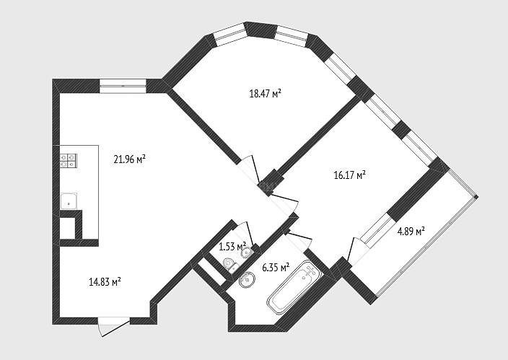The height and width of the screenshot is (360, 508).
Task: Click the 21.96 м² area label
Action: [129, 159]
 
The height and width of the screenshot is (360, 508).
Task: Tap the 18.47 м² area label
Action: [265, 94]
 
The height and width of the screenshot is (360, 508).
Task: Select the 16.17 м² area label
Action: [350, 175]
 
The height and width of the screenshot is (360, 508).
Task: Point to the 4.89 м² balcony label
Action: [411, 232]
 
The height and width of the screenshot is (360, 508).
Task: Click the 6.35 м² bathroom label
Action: [276, 268]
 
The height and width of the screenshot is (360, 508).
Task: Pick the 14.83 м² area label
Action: [105, 281]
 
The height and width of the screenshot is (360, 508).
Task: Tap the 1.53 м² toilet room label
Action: [232, 247]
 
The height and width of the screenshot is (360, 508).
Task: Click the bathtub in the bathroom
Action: [294, 287]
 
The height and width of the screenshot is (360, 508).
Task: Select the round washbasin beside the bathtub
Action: [248, 279]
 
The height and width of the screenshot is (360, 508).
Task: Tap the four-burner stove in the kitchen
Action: [69, 161]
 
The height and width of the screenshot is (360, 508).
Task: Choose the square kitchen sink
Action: [69, 201]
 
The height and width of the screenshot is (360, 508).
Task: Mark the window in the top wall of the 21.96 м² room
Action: [123, 86]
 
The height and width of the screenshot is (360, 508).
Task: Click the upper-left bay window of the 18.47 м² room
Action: [231, 35]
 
